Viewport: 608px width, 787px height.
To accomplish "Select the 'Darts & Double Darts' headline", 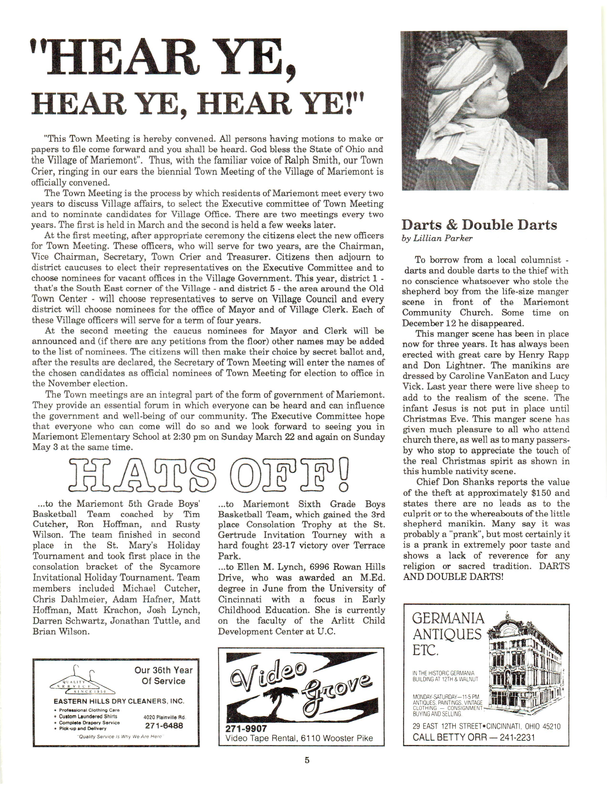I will pyautogui.click(x=479, y=225).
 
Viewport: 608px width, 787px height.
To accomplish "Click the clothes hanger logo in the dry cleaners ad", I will pyautogui.click(x=83, y=681).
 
